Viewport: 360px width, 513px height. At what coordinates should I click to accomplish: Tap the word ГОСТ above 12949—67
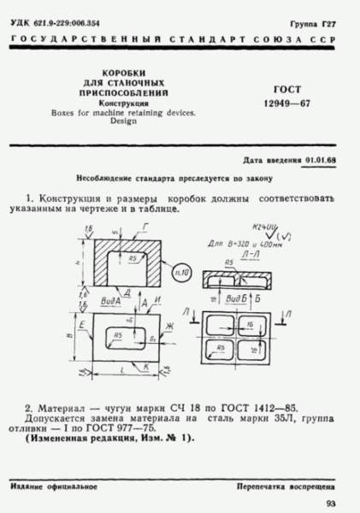pyautogui.click(x=283, y=89)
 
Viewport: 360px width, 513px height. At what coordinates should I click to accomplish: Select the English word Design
pyautogui.click(x=124, y=121)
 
